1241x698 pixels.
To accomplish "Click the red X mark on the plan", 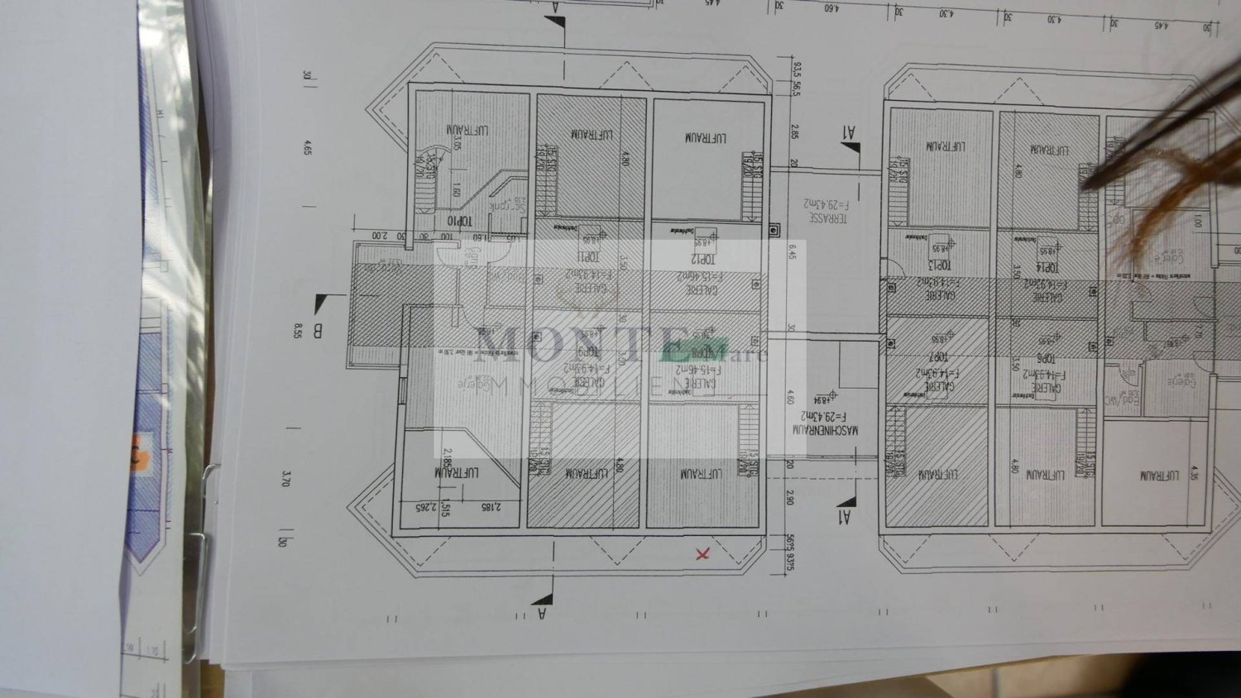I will coord(702,553).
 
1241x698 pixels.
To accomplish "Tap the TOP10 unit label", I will coord(459,222).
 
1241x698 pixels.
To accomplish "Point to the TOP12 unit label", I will coord(704,259).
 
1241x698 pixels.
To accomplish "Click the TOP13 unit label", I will coord(939,265).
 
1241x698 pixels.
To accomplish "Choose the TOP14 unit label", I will coord(1047,268).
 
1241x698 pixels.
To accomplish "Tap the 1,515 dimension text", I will coord(446,508).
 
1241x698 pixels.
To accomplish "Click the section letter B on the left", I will coord(318,332).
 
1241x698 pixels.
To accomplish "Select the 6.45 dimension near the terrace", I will coord(792,251).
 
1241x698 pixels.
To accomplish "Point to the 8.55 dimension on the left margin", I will coord(298,331).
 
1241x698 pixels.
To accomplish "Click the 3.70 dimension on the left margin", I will coord(286,478).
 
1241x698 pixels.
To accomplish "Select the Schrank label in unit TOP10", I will coord(506,205).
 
